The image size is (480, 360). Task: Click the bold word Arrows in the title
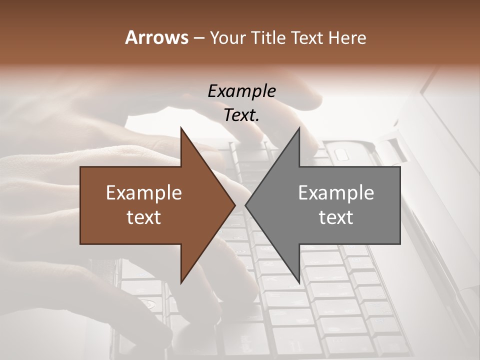click(156, 37)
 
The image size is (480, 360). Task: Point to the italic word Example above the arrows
click(241, 91)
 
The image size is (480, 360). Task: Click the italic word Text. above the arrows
click(241, 115)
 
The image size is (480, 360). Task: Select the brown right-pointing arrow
click(150, 205)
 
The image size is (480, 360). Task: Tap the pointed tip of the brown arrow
click(235, 205)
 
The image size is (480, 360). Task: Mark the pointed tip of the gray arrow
click(245, 205)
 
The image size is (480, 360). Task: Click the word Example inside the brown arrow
click(144, 193)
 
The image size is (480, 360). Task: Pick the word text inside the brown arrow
click(144, 217)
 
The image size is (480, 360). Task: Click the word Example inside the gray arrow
click(336, 193)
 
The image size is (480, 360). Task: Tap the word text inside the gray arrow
click(336, 217)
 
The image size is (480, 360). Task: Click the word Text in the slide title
click(308, 37)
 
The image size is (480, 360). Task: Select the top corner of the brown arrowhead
click(181, 128)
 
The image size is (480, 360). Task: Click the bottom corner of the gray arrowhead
click(299, 282)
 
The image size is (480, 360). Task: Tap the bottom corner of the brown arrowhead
click(181, 282)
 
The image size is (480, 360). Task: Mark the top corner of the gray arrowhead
click(299, 128)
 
